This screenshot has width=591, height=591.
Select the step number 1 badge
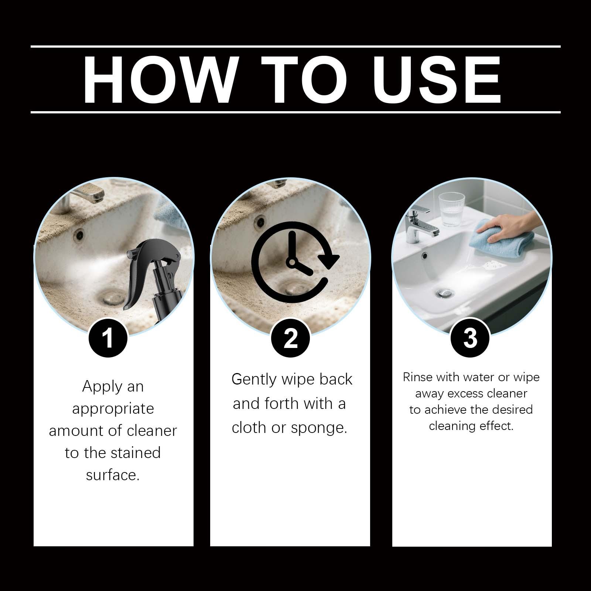click(x=108, y=338)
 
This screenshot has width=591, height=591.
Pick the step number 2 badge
click(x=290, y=338)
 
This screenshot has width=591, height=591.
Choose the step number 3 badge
click(x=471, y=338)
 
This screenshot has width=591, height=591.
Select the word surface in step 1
click(x=113, y=475)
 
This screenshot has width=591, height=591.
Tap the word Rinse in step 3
click(x=418, y=377)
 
